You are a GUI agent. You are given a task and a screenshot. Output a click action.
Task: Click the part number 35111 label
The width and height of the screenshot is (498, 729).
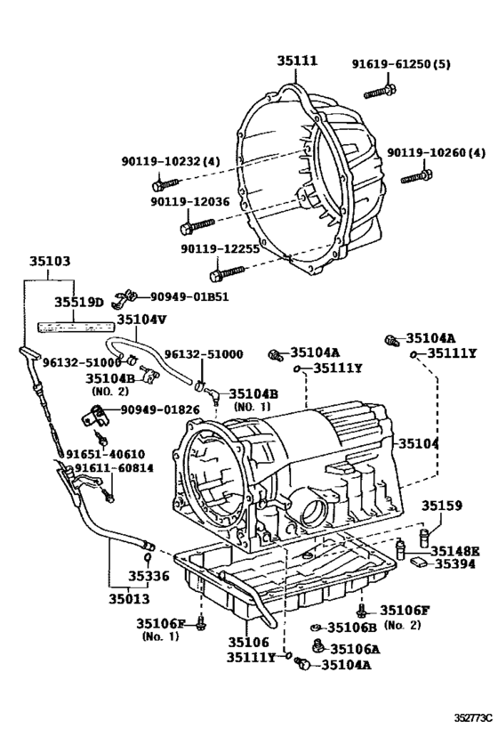[x=295, y=61]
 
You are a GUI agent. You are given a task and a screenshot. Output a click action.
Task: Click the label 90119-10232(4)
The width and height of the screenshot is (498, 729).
[x=170, y=160]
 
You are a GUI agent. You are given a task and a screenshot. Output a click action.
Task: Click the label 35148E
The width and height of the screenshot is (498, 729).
[x=454, y=550]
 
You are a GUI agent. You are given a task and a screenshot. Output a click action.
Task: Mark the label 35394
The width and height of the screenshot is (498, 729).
[x=454, y=563]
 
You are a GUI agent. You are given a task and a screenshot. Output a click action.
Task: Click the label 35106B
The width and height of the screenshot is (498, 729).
[x=354, y=628]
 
